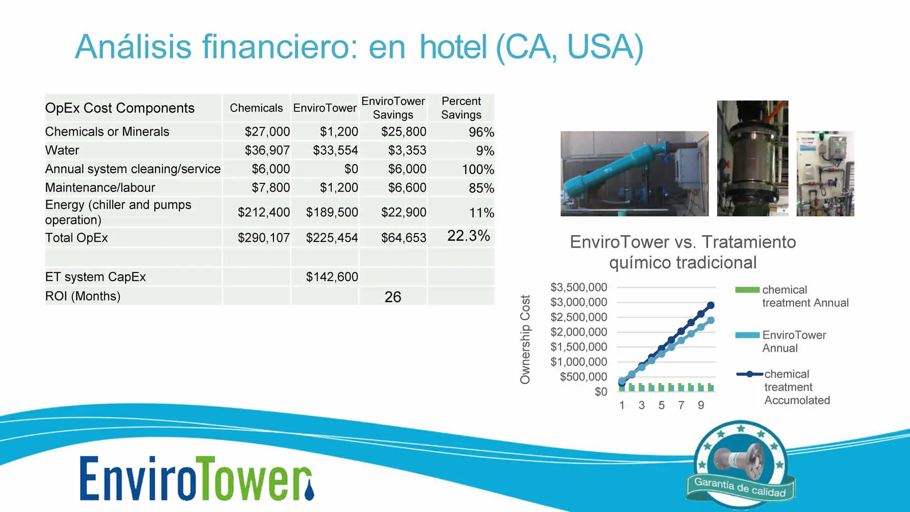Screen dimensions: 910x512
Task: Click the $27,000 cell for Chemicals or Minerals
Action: click(267, 132)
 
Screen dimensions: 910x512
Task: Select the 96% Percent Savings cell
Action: click(482, 132)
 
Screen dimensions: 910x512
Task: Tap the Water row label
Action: click(62, 150)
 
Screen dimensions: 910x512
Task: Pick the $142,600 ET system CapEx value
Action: click(332, 277)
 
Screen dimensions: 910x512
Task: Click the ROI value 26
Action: click(393, 297)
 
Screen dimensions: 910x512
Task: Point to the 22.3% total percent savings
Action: click(469, 236)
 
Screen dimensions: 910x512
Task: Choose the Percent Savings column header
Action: click(461, 108)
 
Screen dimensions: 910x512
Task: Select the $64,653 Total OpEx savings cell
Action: click(404, 238)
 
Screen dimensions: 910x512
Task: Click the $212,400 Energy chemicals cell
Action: click(264, 212)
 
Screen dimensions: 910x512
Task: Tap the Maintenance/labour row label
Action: click(100, 188)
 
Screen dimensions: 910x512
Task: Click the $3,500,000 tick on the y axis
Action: click(579, 287)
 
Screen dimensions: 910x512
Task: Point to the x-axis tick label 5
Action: click(661, 405)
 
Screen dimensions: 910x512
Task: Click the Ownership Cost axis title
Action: click(525, 339)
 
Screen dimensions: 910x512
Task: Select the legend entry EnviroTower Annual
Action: click(781, 341)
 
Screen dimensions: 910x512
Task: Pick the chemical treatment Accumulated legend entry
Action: click(783, 387)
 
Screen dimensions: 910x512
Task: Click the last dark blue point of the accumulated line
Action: click(710, 305)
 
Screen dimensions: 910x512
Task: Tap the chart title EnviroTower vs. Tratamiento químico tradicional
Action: click(683, 252)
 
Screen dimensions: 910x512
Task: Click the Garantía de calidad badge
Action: click(741, 463)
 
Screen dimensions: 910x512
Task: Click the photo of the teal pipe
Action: click(635, 174)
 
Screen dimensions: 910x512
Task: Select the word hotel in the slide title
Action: click(453, 47)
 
